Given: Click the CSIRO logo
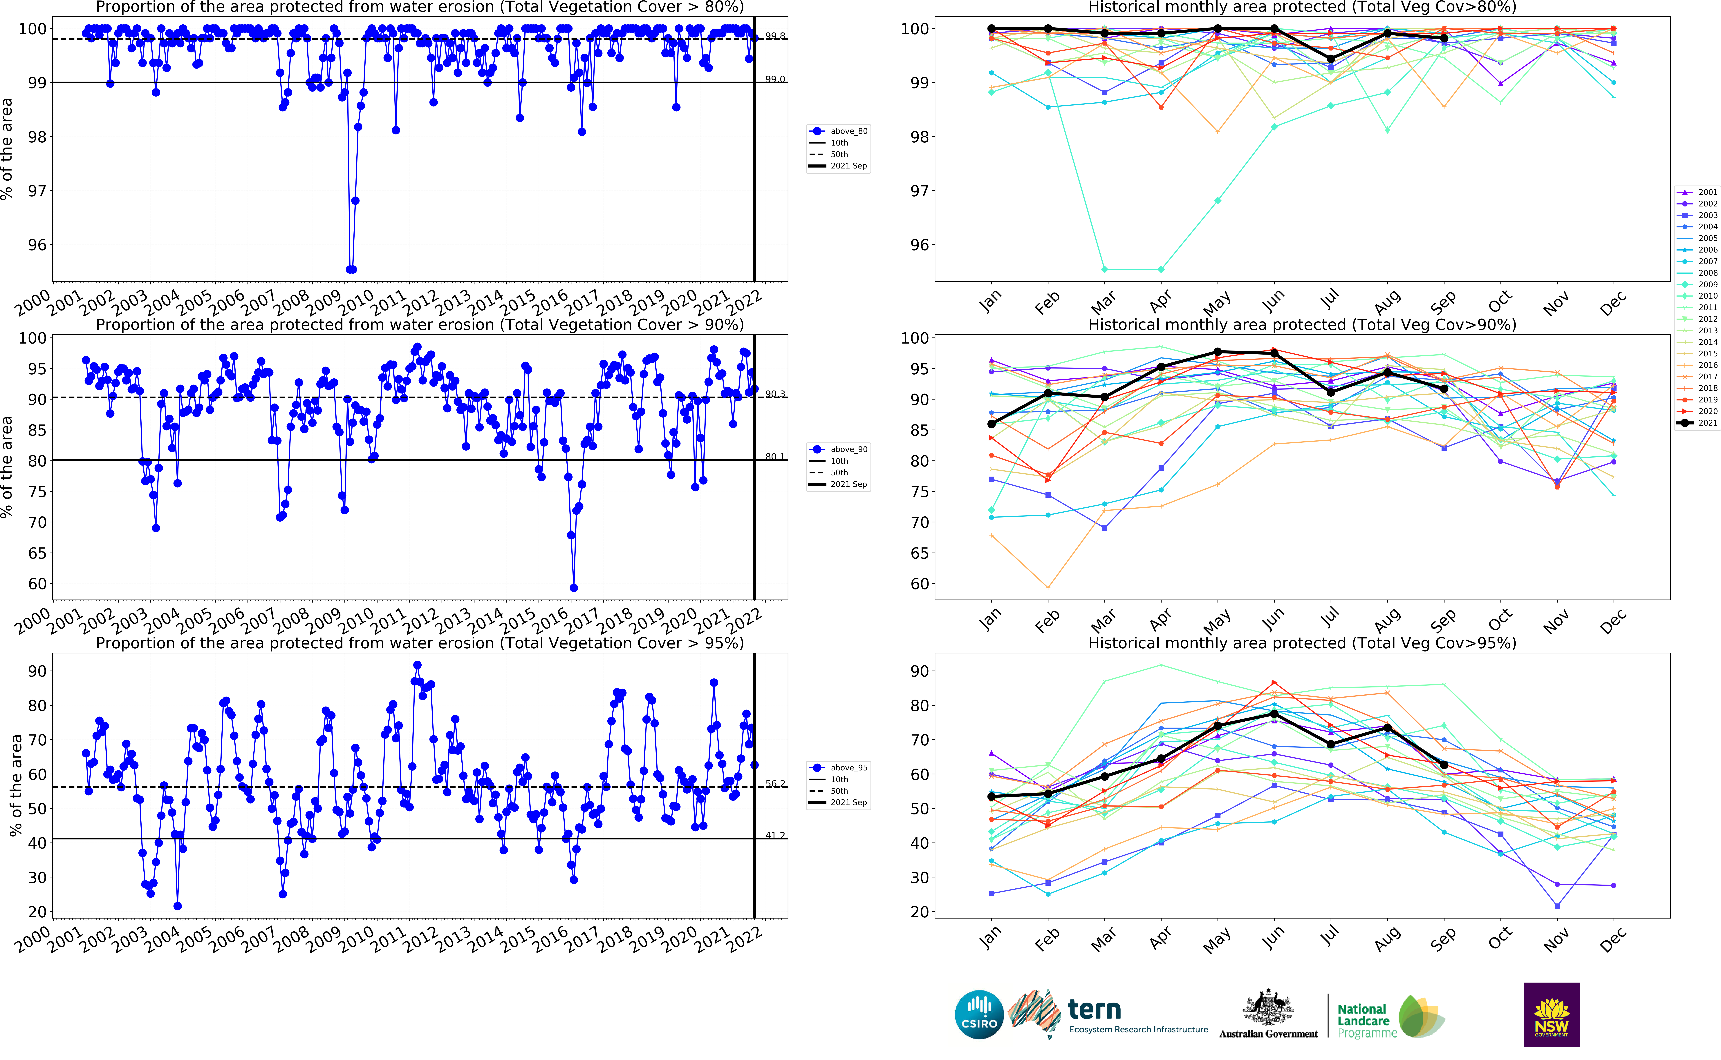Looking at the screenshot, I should coord(979,1014).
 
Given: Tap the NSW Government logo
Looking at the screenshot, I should coord(1551,1014).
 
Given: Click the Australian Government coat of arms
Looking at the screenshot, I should coord(1268,1008).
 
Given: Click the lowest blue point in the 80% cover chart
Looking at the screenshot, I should coord(351,269).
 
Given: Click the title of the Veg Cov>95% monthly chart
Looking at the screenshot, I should coord(1302,643).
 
